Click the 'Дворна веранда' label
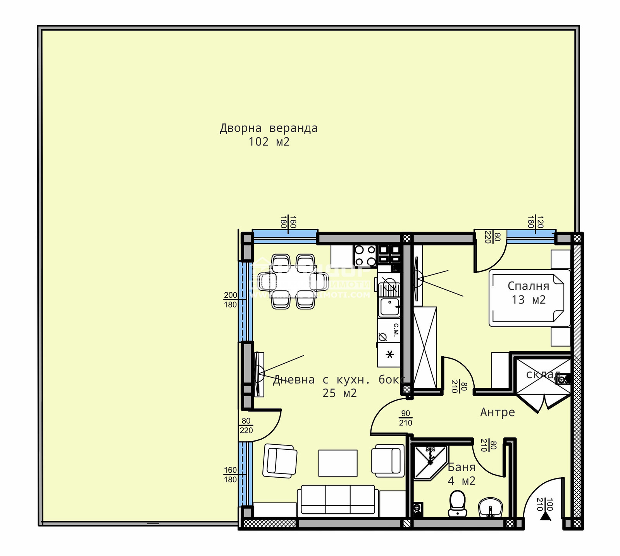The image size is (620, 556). tap(269, 128)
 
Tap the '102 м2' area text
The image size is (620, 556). tap(269, 142)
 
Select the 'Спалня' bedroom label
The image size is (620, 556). tap(528, 286)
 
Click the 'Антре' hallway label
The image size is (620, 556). tap(498, 412)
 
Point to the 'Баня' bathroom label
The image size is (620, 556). tap(462, 467)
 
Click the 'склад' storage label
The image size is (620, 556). tap(542, 374)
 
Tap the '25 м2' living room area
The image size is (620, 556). tap(339, 393)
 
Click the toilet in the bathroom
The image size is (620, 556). tap(458, 503)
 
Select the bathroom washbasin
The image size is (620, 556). tap(491, 508)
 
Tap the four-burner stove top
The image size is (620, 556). tap(365, 256)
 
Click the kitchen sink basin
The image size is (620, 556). tap(389, 307)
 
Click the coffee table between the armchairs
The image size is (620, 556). tap(338, 463)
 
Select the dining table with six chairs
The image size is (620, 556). tap(293, 281)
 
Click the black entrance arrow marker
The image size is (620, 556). tap(546, 516)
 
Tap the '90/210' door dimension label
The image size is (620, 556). tap(406, 418)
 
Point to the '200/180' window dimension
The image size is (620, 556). tap(231, 300)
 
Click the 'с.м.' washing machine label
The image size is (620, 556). tap(396, 330)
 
